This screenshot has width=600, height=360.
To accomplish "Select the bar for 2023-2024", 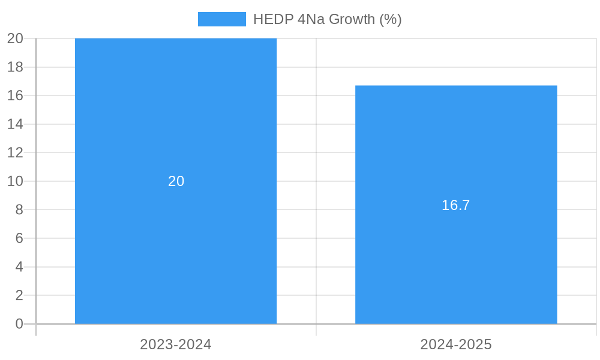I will click(176, 252).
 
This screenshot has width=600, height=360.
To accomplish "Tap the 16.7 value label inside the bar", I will click(456, 205).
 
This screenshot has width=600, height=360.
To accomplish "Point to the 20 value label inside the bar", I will click(176, 181).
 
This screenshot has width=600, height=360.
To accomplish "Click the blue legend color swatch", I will click(221, 19).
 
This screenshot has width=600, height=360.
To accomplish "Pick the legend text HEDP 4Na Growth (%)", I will click(327, 19).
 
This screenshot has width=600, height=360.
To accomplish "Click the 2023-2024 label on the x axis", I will click(176, 344).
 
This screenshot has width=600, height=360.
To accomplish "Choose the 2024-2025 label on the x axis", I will click(456, 344).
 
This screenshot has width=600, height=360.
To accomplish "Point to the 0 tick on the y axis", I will click(19, 324).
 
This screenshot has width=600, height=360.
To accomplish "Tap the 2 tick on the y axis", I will click(19, 295).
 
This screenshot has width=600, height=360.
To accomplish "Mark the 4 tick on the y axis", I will click(19, 267).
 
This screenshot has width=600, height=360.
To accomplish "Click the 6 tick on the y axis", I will click(19, 238).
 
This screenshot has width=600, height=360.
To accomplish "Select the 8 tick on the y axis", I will click(19, 209).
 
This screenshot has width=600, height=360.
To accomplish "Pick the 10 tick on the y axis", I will click(16, 181).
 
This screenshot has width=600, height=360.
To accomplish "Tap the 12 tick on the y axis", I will click(16, 152).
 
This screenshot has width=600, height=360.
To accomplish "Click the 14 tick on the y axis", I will click(16, 124).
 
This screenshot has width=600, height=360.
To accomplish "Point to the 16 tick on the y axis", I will click(16, 95).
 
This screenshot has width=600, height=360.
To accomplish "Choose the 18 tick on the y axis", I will click(16, 67).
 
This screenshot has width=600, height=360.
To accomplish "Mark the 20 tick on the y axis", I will click(16, 38).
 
